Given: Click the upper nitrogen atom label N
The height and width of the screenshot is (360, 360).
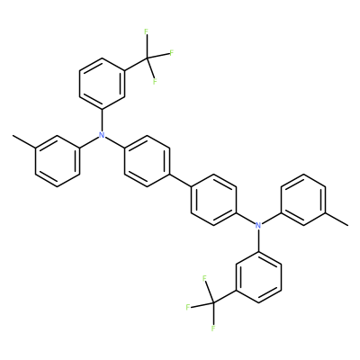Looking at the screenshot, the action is (x=102, y=135).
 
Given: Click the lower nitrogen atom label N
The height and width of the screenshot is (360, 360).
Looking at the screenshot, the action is (x=258, y=225).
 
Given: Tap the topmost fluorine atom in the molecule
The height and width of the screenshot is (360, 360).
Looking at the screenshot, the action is (x=147, y=31).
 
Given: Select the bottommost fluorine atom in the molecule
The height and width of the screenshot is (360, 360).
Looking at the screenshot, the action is (x=213, y=328).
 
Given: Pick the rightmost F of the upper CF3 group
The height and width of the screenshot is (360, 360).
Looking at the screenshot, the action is (x=172, y=53).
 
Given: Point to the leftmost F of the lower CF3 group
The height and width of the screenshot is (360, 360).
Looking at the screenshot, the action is (x=188, y=307).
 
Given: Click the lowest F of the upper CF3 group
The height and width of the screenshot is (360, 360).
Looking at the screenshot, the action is (x=155, y=81).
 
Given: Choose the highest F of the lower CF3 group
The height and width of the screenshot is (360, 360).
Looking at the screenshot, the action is (x=205, y=278).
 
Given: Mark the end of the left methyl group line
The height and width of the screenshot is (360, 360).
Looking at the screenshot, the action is (x=13, y=136).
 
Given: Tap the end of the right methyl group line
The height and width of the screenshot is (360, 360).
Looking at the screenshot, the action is (x=348, y=225).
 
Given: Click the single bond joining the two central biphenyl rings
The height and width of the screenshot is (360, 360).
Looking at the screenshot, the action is (x=181, y=180).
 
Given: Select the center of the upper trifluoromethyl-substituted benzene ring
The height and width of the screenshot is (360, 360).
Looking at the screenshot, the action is (x=102, y=84).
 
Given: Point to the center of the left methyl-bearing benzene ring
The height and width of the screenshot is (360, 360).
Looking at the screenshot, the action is (x=58, y=161).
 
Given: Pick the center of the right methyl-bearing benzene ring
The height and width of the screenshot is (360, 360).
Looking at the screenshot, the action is (x=303, y=200).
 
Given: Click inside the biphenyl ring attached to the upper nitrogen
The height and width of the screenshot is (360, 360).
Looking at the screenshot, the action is (x=147, y=161).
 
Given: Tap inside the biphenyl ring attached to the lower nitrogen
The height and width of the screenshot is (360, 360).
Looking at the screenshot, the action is (x=213, y=200).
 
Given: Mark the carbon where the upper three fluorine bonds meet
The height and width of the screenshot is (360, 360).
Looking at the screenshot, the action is (x=147, y=58).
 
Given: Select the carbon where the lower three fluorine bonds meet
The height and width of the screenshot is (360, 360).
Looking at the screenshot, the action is (x=213, y=302).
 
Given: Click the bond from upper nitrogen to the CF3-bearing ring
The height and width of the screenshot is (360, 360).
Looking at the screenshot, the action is (x=102, y=121).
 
